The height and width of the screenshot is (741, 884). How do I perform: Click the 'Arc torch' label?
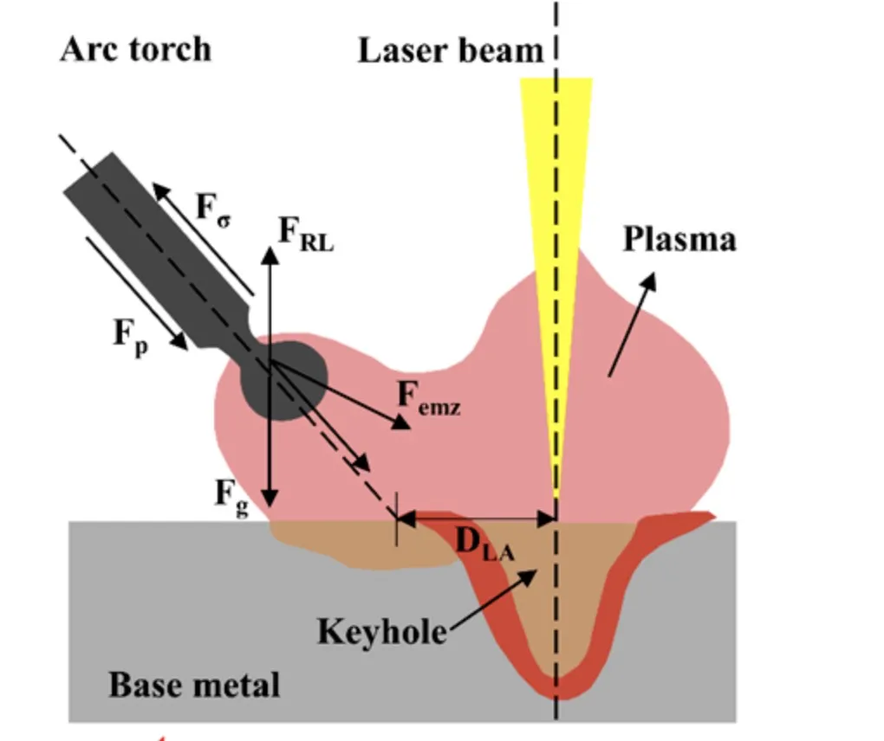(135, 49)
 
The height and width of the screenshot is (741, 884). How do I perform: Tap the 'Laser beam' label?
(450, 51)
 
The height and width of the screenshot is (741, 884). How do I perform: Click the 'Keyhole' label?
(381, 631)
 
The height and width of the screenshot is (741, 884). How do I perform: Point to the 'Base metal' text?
(194, 686)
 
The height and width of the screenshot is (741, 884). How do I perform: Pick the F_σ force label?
(213, 209)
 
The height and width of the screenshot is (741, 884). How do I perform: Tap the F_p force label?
(131, 333)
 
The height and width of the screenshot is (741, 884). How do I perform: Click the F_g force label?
(231, 495)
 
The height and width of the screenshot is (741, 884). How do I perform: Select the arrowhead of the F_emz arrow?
(401, 423)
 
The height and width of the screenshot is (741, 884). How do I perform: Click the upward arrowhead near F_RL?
(270, 255)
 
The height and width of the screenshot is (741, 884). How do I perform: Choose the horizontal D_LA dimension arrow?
(476, 519)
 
